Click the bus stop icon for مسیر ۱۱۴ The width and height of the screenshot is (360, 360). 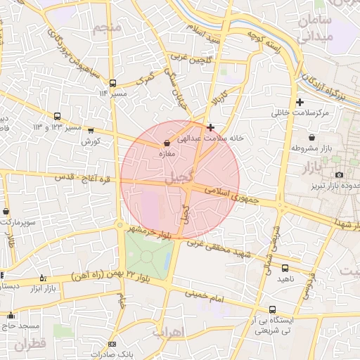pyautogui.click(x=113, y=83)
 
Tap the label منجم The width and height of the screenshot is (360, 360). pyautogui.click(x=105, y=27)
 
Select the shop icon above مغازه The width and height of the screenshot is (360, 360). pyautogui.click(x=166, y=142)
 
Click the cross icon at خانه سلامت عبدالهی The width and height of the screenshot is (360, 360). pyautogui.click(x=211, y=127)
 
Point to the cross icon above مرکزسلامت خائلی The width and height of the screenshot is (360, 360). pyautogui.click(x=300, y=102)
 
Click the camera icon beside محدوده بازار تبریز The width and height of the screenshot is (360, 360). pyautogui.click(x=340, y=174)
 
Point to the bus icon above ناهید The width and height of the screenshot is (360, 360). pyautogui.click(x=285, y=268)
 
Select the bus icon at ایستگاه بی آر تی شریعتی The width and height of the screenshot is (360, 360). pyautogui.click(x=272, y=309)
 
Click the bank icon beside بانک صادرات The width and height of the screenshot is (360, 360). pyautogui.click(x=112, y=344)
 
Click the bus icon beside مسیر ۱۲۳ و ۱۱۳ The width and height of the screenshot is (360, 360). pyautogui.click(x=57, y=117)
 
